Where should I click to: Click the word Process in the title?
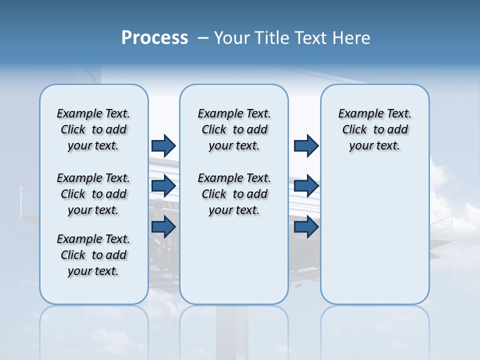click(154, 38)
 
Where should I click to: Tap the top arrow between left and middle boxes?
click(163, 145)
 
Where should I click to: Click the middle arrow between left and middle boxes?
click(163, 186)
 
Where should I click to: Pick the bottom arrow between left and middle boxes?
click(163, 226)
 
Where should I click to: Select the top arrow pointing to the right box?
click(306, 145)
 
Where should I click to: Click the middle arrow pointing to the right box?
click(306, 186)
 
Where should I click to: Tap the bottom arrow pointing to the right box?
click(306, 226)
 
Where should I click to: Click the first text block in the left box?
click(93, 129)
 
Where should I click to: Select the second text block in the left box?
click(93, 194)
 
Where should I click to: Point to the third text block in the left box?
click(93, 255)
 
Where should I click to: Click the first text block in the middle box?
click(234, 129)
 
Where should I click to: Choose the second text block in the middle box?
click(234, 194)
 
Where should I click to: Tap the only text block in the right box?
click(374, 129)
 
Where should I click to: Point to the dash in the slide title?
click(203, 38)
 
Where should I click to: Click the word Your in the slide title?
click(232, 38)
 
